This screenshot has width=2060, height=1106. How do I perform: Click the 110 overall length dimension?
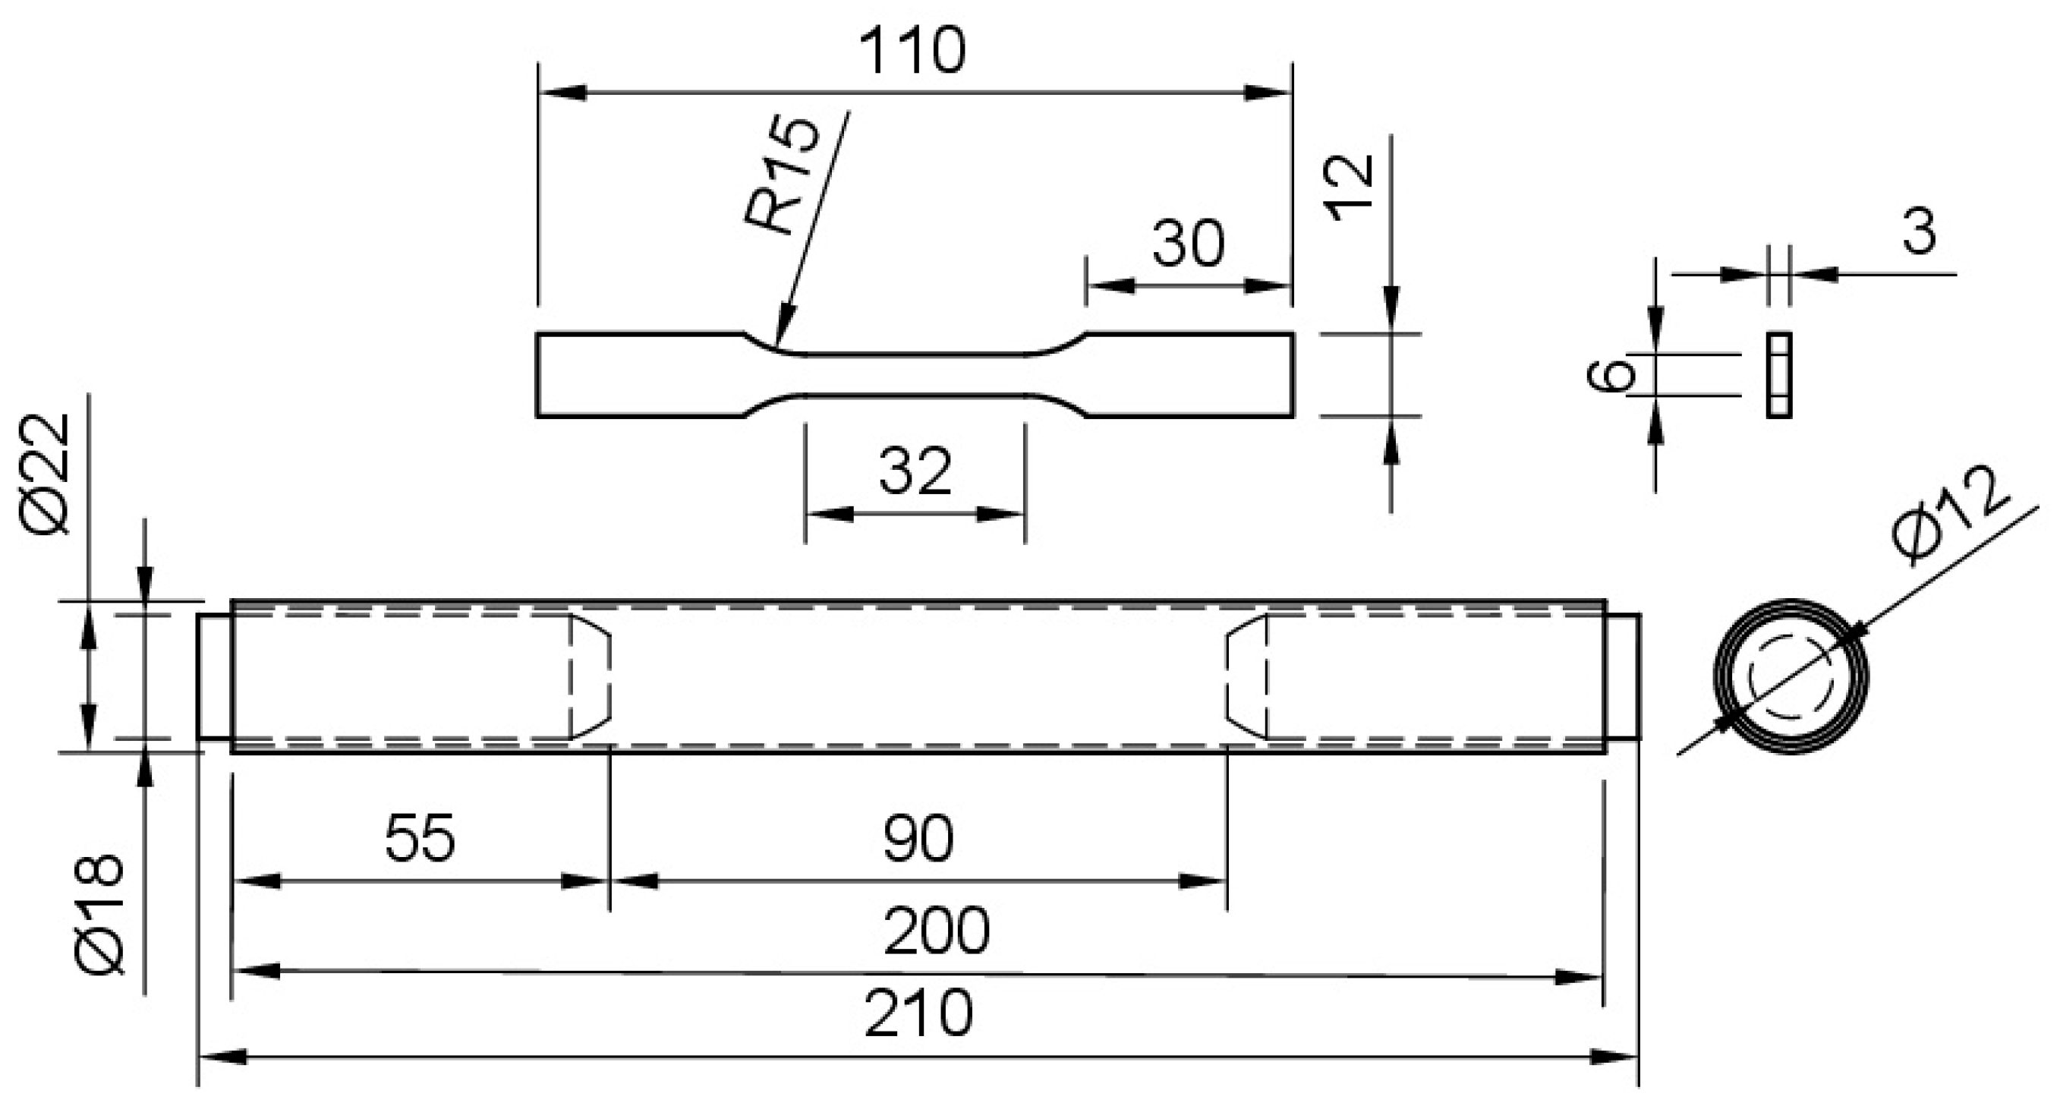pos(912,51)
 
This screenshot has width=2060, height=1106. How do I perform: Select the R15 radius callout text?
pos(781,176)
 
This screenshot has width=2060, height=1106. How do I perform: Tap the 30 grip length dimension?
pos(1188,244)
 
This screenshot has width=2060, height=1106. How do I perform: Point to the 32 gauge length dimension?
pos(915,472)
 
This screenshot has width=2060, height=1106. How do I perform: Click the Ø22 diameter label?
pos(46,474)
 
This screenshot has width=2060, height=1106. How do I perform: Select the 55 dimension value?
pos(420,838)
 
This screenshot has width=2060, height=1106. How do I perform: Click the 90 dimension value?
pos(918,840)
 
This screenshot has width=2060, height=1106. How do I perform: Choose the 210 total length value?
pos(919,1013)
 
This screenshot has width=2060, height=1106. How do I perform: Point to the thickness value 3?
pos(1920,233)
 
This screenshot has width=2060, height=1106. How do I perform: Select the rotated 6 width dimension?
pos(1609,375)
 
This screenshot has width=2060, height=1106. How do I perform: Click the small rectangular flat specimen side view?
pos(1778,375)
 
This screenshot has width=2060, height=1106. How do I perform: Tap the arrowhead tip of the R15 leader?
pos(778,346)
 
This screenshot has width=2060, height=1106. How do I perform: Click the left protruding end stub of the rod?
pos(214,676)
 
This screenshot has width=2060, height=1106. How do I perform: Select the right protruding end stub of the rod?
pos(1624,676)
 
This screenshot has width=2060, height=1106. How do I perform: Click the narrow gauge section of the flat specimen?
pos(915,375)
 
